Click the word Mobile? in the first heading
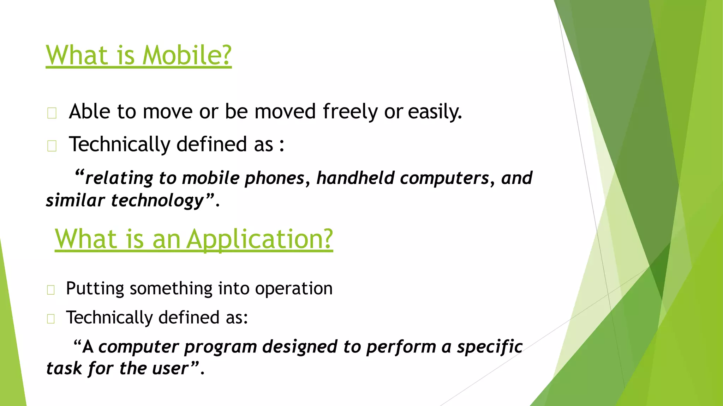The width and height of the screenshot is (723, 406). coord(187,56)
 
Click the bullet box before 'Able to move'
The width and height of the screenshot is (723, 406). coord(52,113)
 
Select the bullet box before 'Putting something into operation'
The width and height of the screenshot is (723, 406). coord(51,290)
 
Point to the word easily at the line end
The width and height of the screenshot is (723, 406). coord(435,112)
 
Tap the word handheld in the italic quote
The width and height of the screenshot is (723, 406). coord(355,178)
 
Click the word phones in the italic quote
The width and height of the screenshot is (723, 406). coord(274,178)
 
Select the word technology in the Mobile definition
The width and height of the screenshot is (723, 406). coord(157,201)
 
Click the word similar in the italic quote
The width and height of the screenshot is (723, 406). coord(75,200)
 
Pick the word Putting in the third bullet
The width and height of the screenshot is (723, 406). coord(95,289)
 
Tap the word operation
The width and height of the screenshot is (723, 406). coord(294,289)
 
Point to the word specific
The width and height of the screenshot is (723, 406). coord(490,346)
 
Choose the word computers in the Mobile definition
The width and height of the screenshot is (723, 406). coord(444,178)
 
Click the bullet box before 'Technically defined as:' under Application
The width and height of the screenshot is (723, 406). coord(51,319)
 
